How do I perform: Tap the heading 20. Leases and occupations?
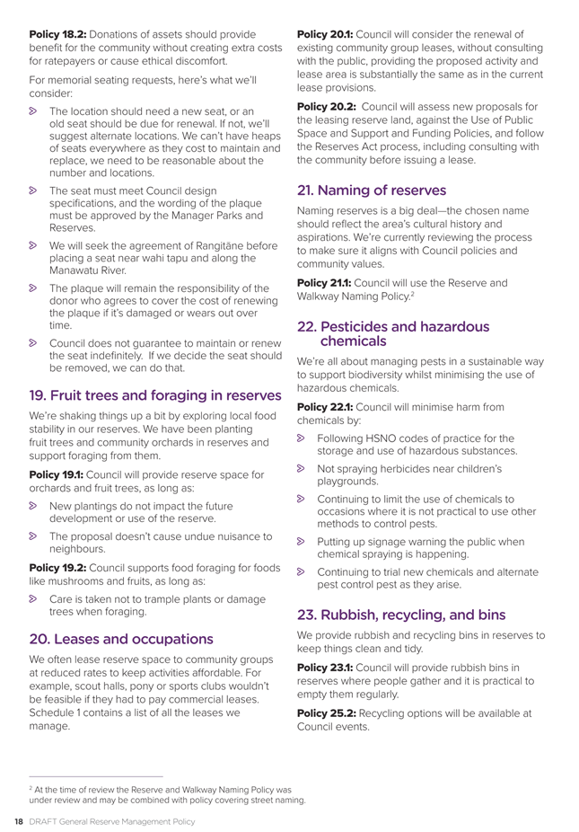coord(121,640)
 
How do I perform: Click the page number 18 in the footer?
coord(15,819)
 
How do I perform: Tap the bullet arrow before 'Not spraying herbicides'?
coord(303,469)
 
